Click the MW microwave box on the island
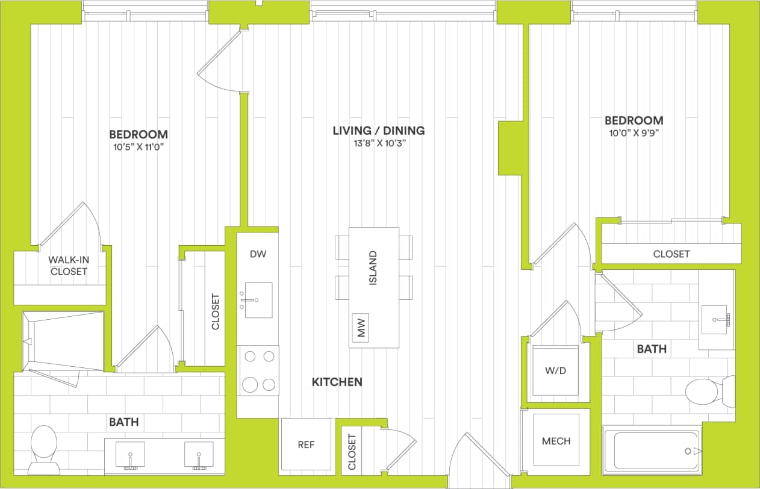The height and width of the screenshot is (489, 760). (361, 328)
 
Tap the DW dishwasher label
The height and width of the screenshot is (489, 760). (258, 254)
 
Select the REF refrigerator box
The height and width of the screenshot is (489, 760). (307, 444)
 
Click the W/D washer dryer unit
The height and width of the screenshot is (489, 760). (555, 370)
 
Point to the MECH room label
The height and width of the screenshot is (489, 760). (556, 441)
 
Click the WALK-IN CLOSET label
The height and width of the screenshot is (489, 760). (68, 266)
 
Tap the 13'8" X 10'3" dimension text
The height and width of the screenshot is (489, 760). (379, 143)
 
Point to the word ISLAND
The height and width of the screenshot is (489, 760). (373, 268)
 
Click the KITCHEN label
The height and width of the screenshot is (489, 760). (337, 382)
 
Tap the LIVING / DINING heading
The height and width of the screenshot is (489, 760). (379, 130)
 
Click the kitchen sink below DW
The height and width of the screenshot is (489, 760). (258, 299)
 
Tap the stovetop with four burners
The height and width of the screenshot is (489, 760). (259, 370)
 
